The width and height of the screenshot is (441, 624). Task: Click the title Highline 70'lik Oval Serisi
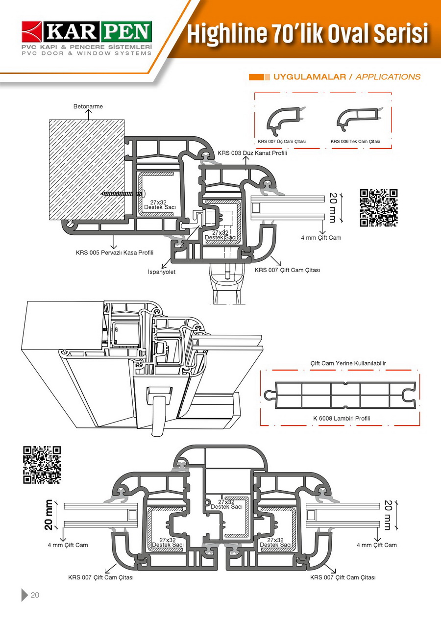(307, 34)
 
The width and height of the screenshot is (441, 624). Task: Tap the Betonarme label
(88, 106)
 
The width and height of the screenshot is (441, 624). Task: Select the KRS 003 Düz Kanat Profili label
(252, 153)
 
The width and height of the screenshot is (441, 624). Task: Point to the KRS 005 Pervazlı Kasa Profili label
(115, 253)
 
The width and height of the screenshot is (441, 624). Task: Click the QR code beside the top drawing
(379, 208)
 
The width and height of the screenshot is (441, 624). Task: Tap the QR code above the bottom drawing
(42, 465)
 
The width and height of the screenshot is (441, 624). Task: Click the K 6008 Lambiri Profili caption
(342, 419)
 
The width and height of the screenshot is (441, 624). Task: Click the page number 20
(35, 596)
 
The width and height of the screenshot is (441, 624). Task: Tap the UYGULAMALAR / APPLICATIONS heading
(346, 77)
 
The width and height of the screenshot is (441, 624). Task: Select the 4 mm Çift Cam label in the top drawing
(321, 238)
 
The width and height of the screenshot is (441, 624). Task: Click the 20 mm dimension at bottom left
(49, 515)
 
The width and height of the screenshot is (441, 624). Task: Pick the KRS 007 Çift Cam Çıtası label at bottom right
(343, 577)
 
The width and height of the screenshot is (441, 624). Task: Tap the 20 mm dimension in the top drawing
(333, 207)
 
